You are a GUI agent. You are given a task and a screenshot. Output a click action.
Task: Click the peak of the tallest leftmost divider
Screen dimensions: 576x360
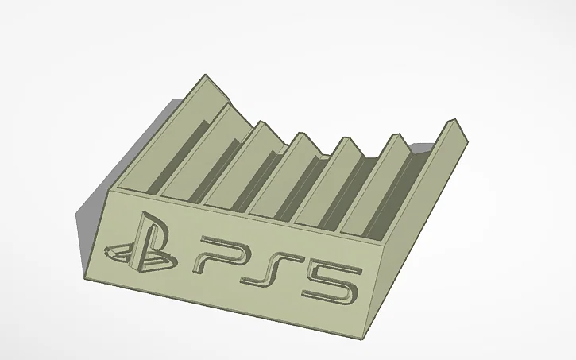[x=205, y=75]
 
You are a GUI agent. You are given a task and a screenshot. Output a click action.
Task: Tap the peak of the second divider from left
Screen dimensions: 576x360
[x=229, y=104]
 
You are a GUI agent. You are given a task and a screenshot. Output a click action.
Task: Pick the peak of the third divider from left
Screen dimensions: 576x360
[x=261, y=122]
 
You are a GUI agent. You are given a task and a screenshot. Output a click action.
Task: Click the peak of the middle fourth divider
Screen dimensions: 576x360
[x=302, y=133]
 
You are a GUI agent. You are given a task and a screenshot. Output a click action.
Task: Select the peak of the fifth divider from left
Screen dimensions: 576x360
[x=346, y=137]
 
